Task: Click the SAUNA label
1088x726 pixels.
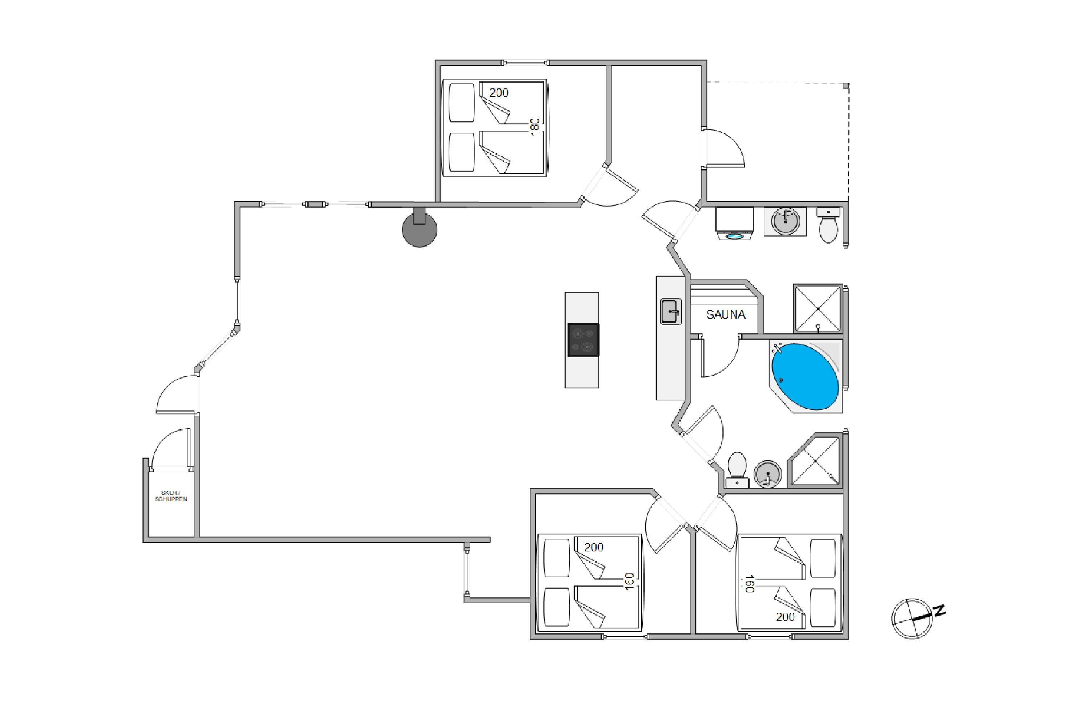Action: (x=725, y=315)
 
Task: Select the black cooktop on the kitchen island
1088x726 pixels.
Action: (x=583, y=340)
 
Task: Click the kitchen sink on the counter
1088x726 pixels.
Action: (x=670, y=311)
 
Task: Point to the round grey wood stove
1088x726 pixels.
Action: (x=420, y=229)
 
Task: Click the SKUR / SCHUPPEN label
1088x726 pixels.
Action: (x=171, y=496)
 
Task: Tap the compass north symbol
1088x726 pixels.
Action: (x=912, y=618)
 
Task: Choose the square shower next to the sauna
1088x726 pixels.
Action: (x=817, y=308)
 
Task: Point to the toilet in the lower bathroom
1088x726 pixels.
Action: (x=737, y=469)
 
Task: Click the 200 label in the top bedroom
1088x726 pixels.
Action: (x=499, y=93)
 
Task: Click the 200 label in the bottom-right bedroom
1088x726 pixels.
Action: (x=785, y=617)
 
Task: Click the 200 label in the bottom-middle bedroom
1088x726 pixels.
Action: (x=593, y=547)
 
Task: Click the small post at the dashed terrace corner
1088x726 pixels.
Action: (x=846, y=86)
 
